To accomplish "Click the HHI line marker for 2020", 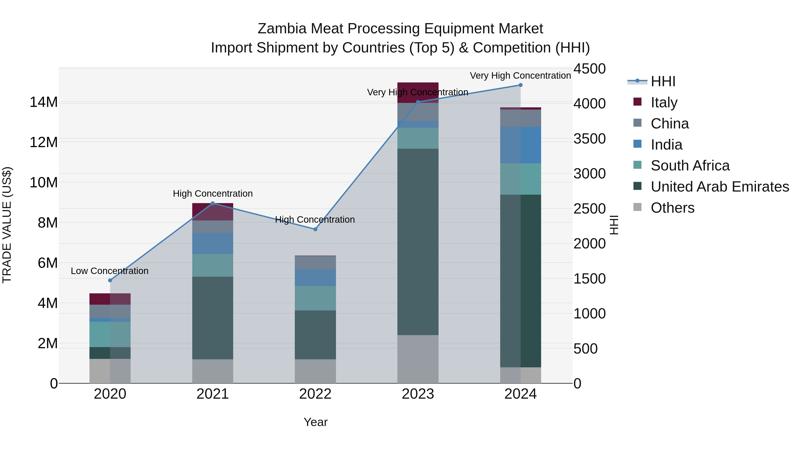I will click(110, 280).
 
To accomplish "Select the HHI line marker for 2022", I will click(315, 229).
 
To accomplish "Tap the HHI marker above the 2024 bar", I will click(520, 85).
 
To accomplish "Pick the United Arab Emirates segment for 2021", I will click(213, 318).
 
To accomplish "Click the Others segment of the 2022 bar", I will click(315, 371).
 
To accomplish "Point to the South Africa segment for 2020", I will click(110, 334).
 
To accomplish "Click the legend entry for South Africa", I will click(690, 166).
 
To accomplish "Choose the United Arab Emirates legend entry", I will click(720, 187).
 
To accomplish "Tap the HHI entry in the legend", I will click(663, 81).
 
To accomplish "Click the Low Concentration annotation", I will click(109, 271).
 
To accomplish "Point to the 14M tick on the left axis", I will click(44, 102).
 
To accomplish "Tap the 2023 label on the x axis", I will click(418, 394).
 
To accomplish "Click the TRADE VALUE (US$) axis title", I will click(7, 225).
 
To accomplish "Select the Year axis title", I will click(315, 422).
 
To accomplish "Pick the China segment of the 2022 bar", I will click(315, 263).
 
